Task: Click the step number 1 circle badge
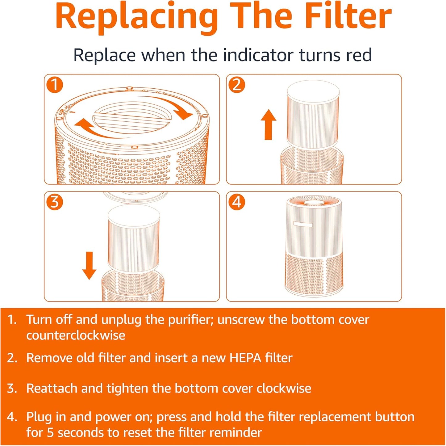(x=55, y=85)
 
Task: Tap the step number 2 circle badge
(x=236, y=85)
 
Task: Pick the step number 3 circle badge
(x=55, y=202)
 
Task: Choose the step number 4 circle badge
(x=236, y=202)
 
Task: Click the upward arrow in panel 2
(x=269, y=125)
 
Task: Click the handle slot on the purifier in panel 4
(x=303, y=224)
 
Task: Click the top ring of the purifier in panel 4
(x=314, y=202)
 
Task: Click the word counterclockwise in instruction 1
(x=76, y=335)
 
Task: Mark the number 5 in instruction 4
(x=50, y=432)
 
